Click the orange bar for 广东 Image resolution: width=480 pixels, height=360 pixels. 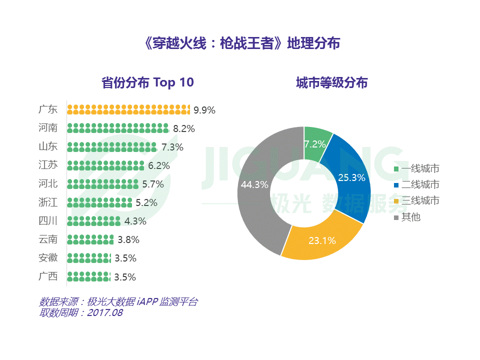click(x=128, y=109)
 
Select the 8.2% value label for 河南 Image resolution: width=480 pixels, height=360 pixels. click(x=183, y=128)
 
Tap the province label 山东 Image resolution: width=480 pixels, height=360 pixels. click(x=48, y=147)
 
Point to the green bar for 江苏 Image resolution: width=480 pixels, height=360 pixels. click(x=105, y=165)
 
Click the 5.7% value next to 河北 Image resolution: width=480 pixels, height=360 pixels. click(x=153, y=184)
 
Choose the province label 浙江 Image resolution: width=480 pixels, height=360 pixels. click(x=48, y=202)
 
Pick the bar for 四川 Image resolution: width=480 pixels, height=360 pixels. click(x=94, y=221)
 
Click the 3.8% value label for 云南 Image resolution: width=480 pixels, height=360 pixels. click(x=128, y=239)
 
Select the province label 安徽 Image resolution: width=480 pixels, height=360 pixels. click(x=48, y=258)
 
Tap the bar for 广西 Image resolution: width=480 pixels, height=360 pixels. click(x=88, y=276)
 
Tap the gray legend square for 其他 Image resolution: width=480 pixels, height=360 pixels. click(x=396, y=217)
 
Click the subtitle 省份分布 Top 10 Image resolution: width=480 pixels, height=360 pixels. click(x=147, y=82)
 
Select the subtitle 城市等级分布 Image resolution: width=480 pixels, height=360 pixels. click(x=331, y=82)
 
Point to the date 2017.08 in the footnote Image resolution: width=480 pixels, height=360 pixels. click(x=105, y=313)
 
